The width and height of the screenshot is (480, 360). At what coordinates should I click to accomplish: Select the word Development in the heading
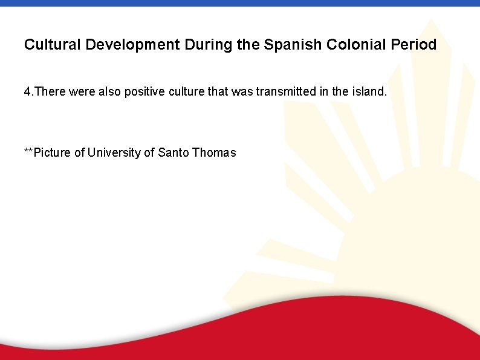pyautogui.click(x=132, y=45)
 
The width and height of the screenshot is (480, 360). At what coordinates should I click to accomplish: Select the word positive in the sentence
pyautogui.click(x=142, y=92)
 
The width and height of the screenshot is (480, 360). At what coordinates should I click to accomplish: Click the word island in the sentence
pyautogui.click(x=369, y=92)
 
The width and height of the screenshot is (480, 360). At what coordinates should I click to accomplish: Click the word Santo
pyautogui.click(x=174, y=152)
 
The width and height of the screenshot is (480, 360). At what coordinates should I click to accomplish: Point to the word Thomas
pyautogui.click(x=214, y=152)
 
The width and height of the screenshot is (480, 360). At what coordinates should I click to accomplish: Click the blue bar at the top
pyautogui.click(x=240, y=3)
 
